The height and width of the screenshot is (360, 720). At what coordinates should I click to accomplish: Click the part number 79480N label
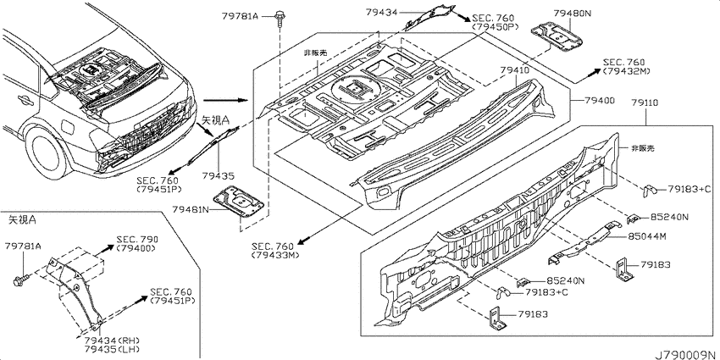tap(572, 14)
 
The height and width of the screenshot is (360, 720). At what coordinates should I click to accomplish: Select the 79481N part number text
tap(191, 209)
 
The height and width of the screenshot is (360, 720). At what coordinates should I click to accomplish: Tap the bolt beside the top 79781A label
tap(279, 19)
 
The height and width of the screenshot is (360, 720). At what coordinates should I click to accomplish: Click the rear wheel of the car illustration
tap(45, 154)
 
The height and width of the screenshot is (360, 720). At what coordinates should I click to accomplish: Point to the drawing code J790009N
tap(686, 355)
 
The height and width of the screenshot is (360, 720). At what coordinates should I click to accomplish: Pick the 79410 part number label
tap(515, 70)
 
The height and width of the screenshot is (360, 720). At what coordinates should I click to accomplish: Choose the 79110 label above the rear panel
tap(645, 102)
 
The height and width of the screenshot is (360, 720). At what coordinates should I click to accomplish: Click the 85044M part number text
tap(647, 236)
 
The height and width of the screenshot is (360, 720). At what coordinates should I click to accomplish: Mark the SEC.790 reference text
tap(137, 239)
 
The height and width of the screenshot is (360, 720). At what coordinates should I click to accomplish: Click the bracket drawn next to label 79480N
tap(557, 36)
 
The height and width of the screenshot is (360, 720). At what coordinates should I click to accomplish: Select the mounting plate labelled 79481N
tap(239, 201)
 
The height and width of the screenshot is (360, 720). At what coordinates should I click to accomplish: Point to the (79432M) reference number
tap(627, 71)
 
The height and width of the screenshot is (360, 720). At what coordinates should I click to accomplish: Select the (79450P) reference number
tap(495, 27)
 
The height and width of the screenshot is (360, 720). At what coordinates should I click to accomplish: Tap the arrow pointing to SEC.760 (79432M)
tap(587, 75)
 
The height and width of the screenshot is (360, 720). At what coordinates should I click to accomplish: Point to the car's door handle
tap(22, 98)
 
